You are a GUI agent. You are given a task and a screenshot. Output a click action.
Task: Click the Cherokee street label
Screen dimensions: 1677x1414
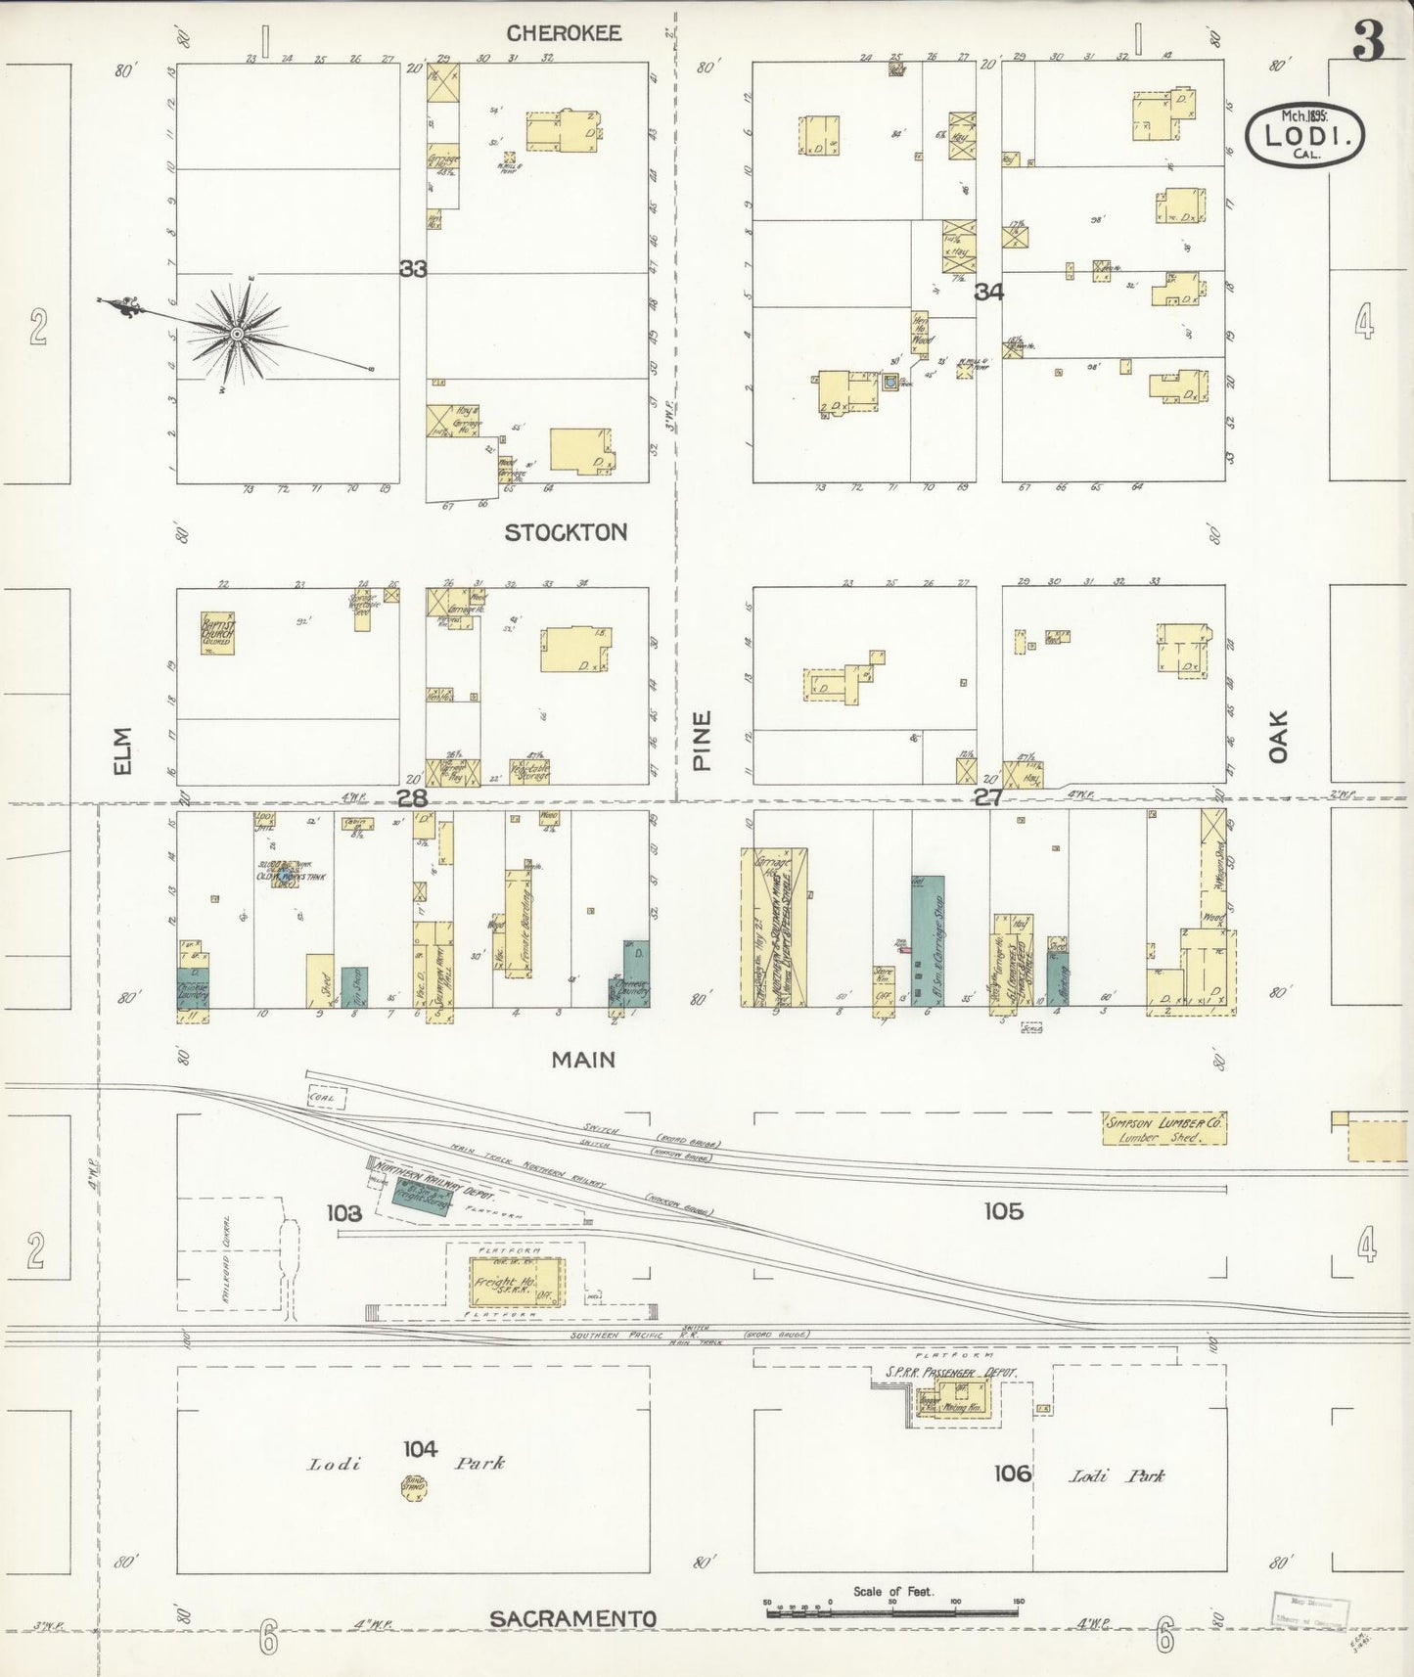tap(564, 33)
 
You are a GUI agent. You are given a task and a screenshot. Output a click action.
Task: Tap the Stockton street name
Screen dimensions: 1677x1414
tap(566, 532)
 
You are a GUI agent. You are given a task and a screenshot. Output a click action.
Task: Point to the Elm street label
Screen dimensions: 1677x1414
tap(122, 751)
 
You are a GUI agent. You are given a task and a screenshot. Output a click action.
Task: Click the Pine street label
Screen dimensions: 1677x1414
tap(702, 741)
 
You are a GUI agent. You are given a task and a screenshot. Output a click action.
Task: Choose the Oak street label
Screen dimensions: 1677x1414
tap(1278, 737)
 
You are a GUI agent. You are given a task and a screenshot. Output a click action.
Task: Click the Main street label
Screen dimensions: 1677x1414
tap(583, 1059)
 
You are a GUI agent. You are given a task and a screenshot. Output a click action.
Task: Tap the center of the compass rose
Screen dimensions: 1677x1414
tap(236, 335)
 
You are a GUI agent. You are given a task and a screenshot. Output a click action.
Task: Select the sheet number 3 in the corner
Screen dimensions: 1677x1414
tap(1368, 40)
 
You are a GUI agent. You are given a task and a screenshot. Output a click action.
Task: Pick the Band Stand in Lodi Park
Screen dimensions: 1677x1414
tap(415, 1489)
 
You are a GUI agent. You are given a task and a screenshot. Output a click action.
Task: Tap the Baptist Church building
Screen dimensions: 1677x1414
tap(216, 633)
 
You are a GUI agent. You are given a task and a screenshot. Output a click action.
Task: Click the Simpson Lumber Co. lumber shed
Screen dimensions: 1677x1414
tap(1163, 1129)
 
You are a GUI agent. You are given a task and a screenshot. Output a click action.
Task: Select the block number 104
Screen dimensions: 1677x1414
tap(420, 1449)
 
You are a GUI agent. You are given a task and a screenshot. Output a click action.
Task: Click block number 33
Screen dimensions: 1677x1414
tap(413, 268)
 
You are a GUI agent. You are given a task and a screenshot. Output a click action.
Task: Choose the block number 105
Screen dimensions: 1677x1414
tap(1003, 1211)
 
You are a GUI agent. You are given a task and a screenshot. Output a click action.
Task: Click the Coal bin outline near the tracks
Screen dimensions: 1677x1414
tap(327, 1098)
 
